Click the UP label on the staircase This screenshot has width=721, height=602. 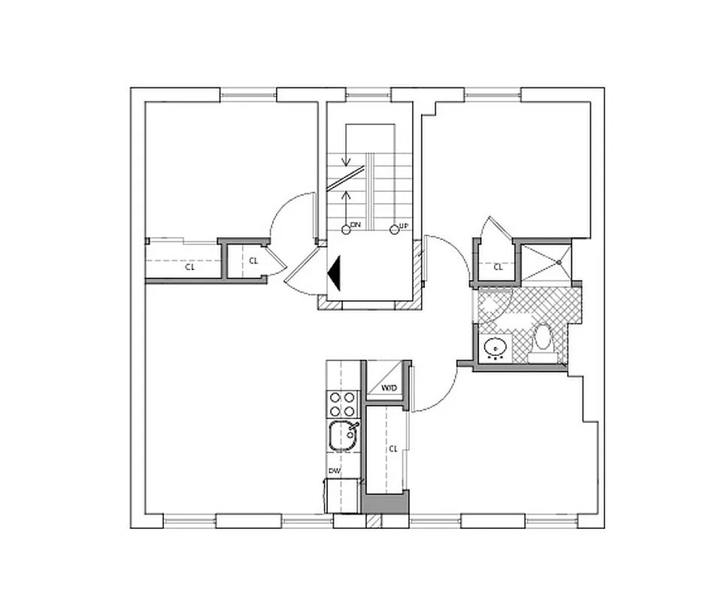[404, 227]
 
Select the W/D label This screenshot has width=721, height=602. [389, 388]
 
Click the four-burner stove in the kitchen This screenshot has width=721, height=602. [343, 404]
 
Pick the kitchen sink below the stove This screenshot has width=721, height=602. [344, 435]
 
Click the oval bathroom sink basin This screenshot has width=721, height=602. [494, 348]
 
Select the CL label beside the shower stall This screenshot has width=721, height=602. [498, 266]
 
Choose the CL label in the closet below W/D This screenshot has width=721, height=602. [392, 448]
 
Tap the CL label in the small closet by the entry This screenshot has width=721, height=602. [253, 261]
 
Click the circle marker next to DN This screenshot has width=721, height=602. [346, 230]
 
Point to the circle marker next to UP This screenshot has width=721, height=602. [394, 230]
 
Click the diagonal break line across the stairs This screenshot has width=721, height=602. [350, 178]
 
